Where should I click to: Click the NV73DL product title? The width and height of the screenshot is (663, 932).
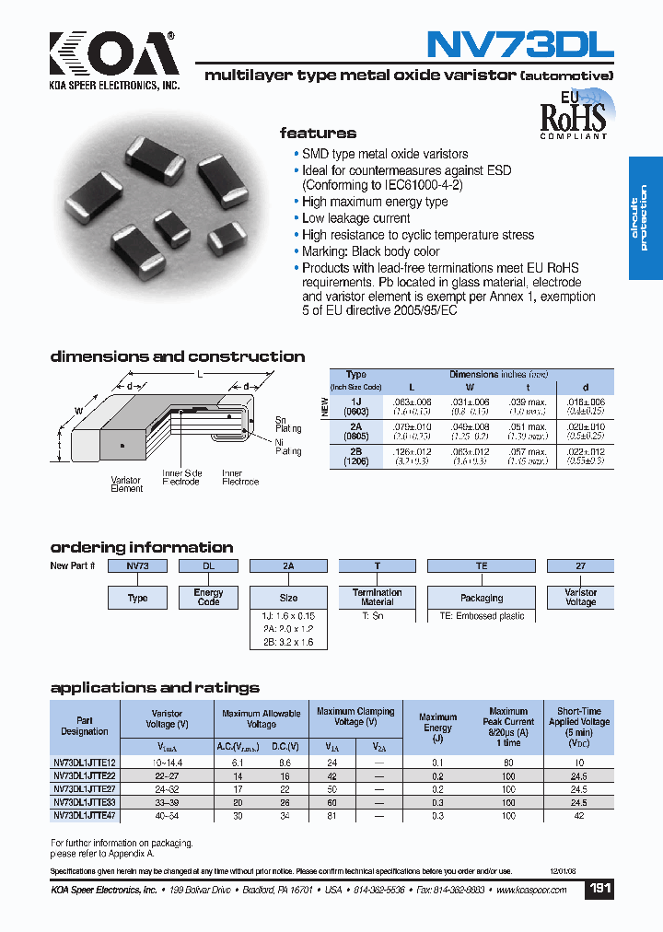[519, 44]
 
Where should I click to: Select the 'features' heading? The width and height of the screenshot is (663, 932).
[318, 134]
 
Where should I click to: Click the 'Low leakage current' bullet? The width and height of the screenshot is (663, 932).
[355, 218]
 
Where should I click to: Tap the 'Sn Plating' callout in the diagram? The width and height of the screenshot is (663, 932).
[288, 425]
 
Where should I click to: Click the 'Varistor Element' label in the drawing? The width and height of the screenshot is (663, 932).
[126, 484]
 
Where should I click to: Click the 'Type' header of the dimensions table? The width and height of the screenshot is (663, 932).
[355, 375]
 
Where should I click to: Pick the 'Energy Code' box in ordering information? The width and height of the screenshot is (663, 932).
[208, 598]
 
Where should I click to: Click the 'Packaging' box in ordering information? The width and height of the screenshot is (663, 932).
[482, 598]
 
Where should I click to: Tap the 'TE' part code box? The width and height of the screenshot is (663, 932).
[482, 566]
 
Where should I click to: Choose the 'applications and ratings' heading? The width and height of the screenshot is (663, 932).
[155, 688]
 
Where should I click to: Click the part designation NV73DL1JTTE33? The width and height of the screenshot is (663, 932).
[85, 802]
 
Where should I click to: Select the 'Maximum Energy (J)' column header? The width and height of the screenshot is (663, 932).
[437, 728]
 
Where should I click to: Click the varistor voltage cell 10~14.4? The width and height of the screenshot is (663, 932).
[167, 763]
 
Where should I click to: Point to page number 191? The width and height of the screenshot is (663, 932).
[599, 890]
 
